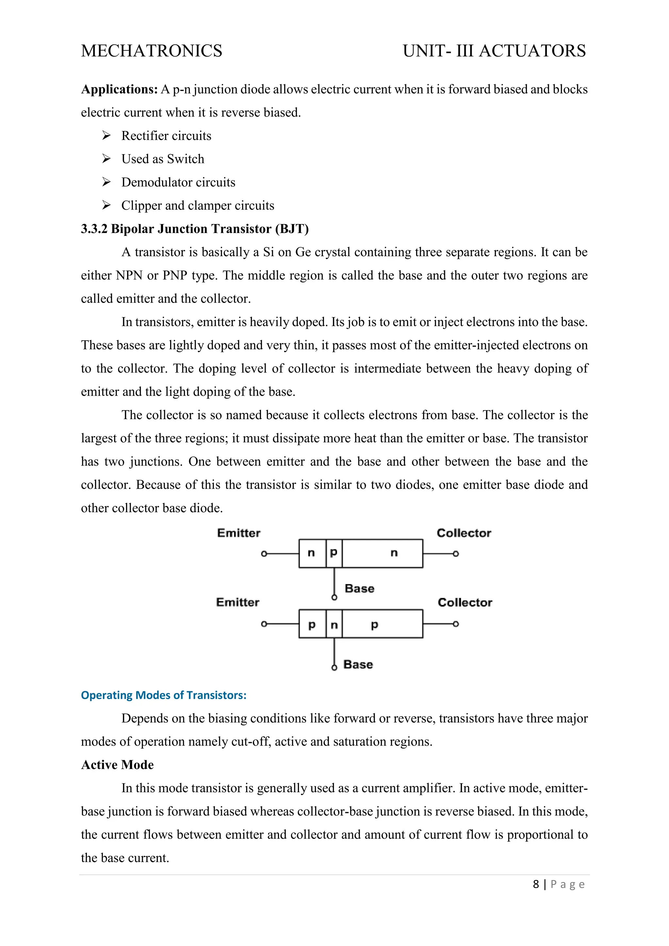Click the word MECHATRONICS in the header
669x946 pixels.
pos(152,51)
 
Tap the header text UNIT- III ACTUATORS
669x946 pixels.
pos(494,51)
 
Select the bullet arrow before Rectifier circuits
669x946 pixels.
pos(106,136)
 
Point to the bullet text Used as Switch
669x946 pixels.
pos(163,159)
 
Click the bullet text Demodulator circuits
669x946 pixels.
pos(178,182)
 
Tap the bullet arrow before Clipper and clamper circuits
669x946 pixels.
pos(106,205)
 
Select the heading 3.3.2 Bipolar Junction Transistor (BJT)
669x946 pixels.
pos(194,229)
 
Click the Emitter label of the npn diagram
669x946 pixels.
pos(238,533)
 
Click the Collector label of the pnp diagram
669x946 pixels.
pos(465,602)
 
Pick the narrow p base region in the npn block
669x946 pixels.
pos(334,553)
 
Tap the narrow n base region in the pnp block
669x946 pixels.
pos(334,625)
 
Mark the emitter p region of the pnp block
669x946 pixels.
pos(312,625)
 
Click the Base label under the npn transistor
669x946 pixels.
pos(359,588)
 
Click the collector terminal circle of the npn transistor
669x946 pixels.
pos(456,554)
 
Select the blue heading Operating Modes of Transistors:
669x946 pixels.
pos(164,695)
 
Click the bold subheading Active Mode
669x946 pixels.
pos(117,765)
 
